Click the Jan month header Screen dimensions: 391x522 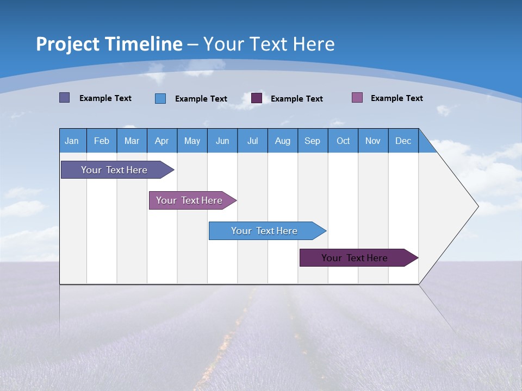coord(72,141)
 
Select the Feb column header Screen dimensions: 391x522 coord(102,141)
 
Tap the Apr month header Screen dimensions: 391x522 coord(161,141)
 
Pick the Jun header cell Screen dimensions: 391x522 coord(222,141)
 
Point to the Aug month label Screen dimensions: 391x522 coord(282,141)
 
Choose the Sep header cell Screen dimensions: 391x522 coord(313,141)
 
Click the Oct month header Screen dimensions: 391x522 coord(343,141)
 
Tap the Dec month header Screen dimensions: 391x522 coord(403,141)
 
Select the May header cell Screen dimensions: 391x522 coord(192,141)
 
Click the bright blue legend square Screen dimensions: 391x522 coord(160,98)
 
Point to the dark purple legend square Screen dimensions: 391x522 coord(257,98)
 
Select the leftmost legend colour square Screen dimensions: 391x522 coord(64,98)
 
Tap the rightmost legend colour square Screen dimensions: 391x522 coord(357,98)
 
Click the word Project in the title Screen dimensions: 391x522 coord(67,44)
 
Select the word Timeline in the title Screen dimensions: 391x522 coord(143,44)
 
